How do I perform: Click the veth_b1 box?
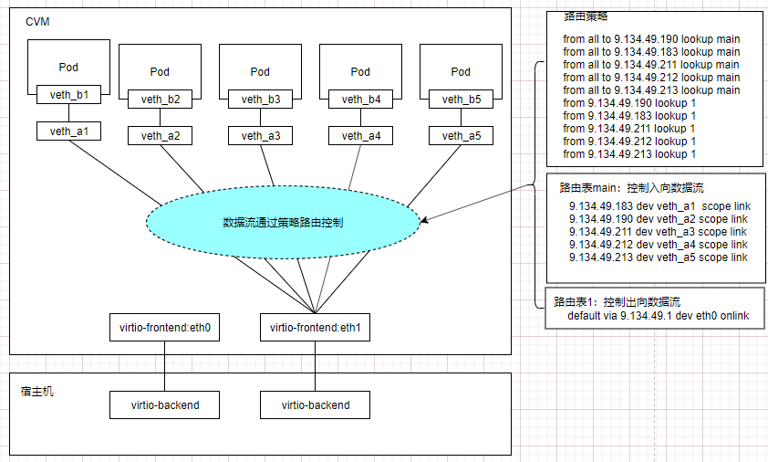coord(69,93)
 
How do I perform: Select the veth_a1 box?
coord(69,131)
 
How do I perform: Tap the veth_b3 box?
coord(260,99)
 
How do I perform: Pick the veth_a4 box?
coord(360,136)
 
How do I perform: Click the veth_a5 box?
coord(461,136)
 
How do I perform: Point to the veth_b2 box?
coord(160,99)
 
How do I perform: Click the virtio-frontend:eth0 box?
coord(164,327)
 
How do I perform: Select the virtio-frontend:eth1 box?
coord(315,327)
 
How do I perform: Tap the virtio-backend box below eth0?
coord(164,404)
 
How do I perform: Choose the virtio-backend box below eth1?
coord(315,404)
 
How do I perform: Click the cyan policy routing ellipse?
coord(283,222)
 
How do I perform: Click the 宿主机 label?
coord(37,391)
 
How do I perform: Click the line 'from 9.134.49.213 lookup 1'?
coord(629,154)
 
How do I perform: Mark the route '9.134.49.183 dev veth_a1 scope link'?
coord(657,206)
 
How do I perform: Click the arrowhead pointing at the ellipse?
coord(424,219)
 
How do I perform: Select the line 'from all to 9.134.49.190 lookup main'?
coord(651,39)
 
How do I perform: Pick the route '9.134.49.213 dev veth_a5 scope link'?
coord(657,257)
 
